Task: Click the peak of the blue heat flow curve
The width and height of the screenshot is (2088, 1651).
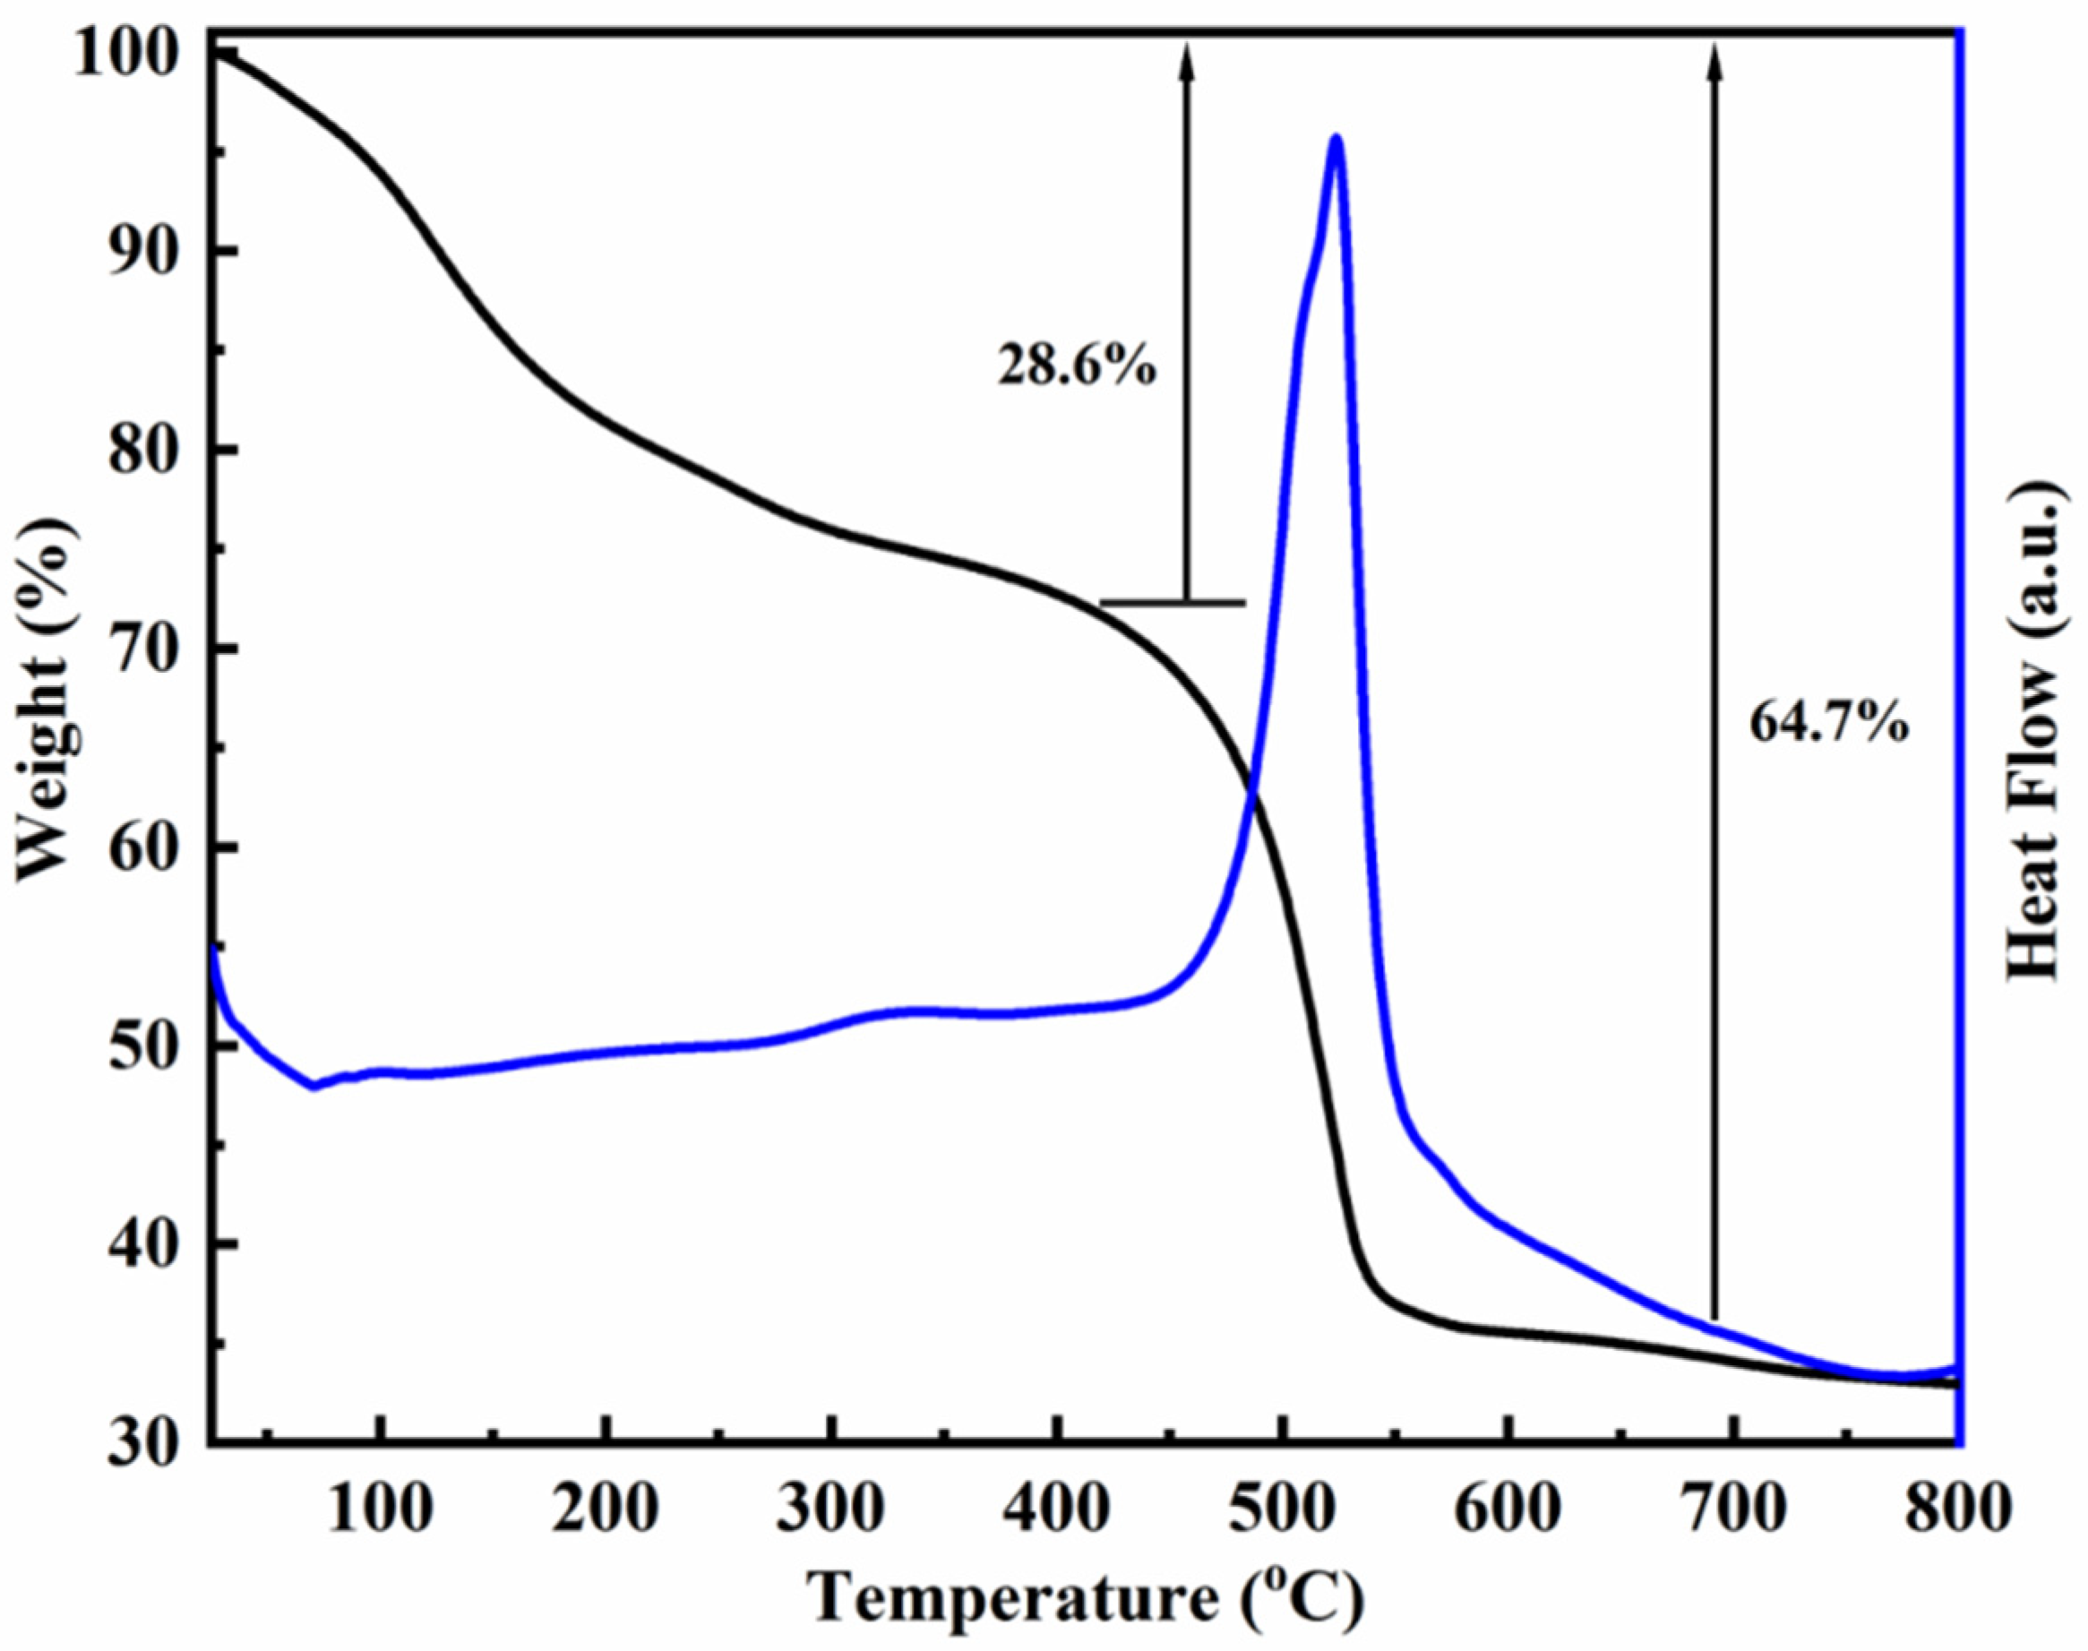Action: [x=1336, y=138]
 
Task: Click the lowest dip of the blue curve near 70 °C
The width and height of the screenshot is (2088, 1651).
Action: [x=314, y=1087]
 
